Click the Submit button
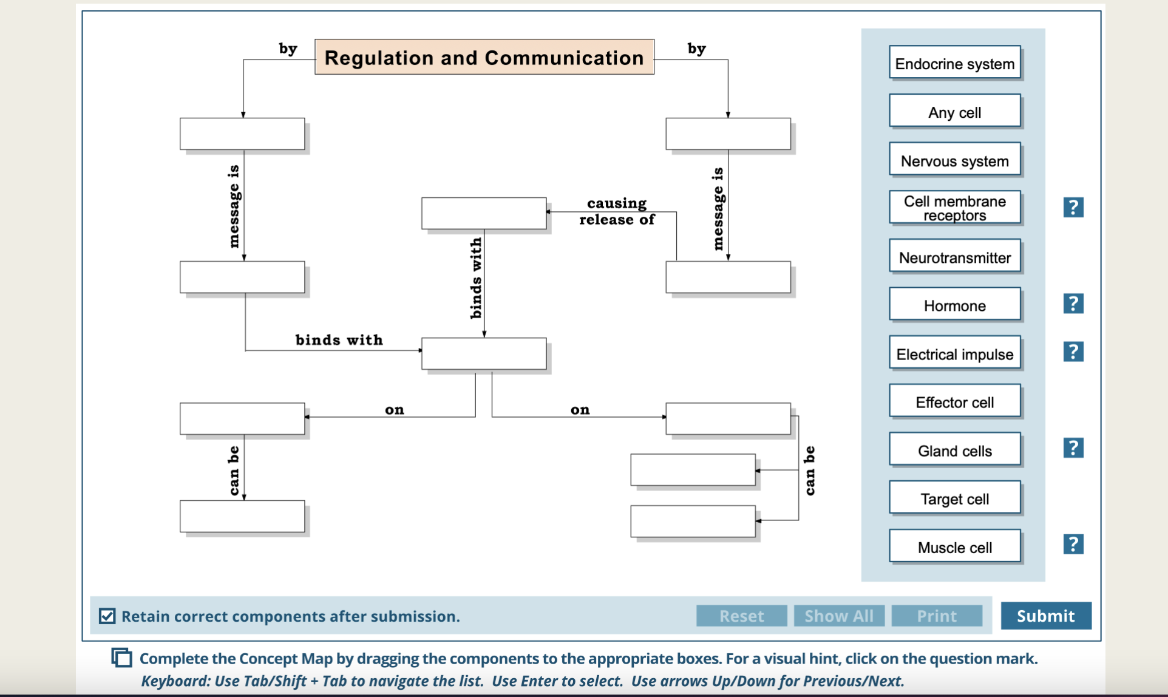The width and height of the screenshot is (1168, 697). [x=1045, y=616]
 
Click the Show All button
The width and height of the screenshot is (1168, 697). [x=838, y=616]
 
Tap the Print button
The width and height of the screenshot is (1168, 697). [x=936, y=616]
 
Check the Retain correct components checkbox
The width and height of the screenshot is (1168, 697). [x=107, y=616]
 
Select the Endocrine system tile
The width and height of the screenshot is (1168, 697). [x=954, y=63]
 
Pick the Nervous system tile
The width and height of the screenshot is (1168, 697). [x=954, y=160]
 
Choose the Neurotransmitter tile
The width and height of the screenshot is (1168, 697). [x=954, y=257]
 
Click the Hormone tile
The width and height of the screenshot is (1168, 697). [x=954, y=305]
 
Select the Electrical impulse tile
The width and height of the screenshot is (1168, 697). [x=954, y=353]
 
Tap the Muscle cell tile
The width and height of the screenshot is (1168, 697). [x=954, y=546]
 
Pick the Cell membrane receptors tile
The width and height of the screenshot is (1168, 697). [x=954, y=208]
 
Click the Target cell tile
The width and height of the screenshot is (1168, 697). [x=954, y=498]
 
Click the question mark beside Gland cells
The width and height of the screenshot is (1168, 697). [x=1073, y=448]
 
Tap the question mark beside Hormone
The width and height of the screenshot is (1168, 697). [x=1073, y=304]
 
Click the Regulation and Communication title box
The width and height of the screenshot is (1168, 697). [x=484, y=57]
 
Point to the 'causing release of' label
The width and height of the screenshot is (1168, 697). [x=616, y=211]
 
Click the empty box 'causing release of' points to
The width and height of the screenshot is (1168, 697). [x=484, y=213]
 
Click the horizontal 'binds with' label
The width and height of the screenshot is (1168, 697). [x=339, y=340]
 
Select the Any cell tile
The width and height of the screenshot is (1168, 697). [x=954, y=112]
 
